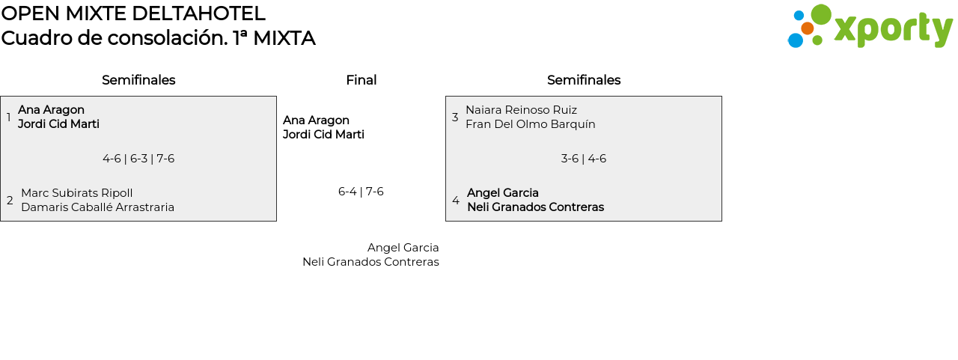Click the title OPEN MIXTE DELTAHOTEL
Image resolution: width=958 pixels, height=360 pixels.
tap(133, 13)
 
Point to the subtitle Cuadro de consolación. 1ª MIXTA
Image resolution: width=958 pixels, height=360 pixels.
tap(158, 38)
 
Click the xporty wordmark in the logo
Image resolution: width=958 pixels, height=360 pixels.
tap(893, 29)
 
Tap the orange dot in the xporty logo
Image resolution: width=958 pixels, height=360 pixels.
tap(807, 28)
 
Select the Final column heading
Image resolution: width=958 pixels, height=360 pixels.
tap(361, 80)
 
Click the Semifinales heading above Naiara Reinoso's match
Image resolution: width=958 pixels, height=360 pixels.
tap(584, 80)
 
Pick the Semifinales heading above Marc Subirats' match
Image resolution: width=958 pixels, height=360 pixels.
tap(138, 80)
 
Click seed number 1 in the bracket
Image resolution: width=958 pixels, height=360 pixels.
tap(9, 118)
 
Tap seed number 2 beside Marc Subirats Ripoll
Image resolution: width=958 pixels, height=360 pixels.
tap(10, 201)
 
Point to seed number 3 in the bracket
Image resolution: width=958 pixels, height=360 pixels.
tap(455, 118)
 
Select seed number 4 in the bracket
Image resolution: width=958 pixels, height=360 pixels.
tap(455, 201)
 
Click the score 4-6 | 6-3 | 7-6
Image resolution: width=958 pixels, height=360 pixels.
tap(138, 159)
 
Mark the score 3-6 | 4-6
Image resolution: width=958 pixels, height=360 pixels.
tap(584, 159)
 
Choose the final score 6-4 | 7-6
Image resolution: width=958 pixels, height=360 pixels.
tap(361, 192)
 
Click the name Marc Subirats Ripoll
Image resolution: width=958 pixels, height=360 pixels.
tap(76, 193)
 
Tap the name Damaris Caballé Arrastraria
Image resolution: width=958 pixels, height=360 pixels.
tap(97, 207)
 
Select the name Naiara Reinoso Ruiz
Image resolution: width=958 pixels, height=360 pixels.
tap(521, 110)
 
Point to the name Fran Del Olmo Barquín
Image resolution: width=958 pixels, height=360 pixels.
tap(530, 124)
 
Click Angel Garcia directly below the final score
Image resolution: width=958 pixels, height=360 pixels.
tap(403, 248)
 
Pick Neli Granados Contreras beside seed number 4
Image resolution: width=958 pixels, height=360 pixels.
tap(535, 207)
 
